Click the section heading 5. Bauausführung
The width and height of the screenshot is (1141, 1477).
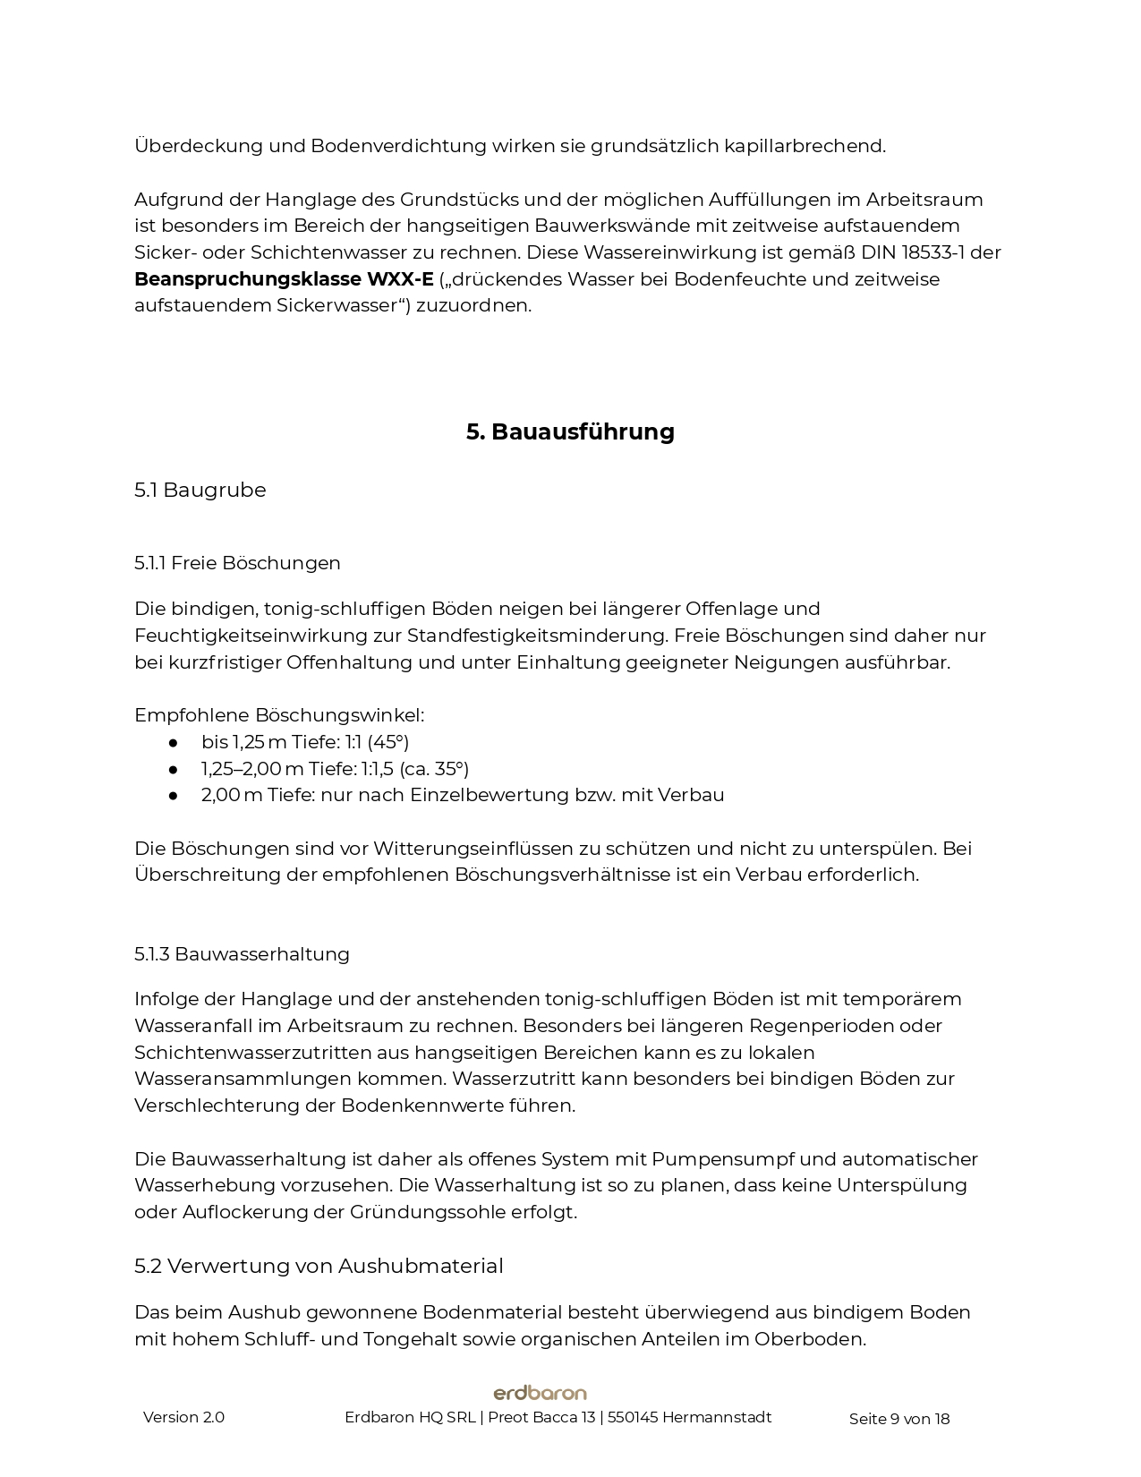tap(570, 431)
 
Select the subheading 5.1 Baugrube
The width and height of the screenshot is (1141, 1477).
tap(200, 490)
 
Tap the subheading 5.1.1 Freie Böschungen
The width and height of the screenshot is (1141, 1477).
tap(237, 563)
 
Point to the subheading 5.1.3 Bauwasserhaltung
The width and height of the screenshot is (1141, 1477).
tap(242, 954)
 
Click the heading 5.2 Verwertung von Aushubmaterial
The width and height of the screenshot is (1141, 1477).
tap(319, 1266)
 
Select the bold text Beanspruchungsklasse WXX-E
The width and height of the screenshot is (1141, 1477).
tap(284, 279)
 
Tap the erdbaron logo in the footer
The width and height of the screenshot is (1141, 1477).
tap(540, 1393)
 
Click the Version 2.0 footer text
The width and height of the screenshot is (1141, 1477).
tap(183, 1417)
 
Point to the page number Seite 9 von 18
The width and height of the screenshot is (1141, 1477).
tap(898, 1418)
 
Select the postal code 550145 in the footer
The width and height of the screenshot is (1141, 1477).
tap(633, 1417)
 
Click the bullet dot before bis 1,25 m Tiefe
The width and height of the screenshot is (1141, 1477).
tap(174, 742)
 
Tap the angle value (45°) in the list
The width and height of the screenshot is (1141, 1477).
tap(388, 742)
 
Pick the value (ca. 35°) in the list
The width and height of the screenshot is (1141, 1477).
tap(434, 769)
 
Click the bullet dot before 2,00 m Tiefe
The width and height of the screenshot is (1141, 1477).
tap(174, 795)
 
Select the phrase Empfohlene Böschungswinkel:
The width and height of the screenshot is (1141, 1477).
tap(279, 715)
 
